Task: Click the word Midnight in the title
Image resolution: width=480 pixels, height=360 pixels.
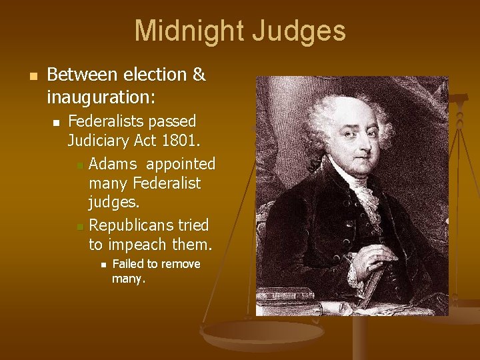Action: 189,31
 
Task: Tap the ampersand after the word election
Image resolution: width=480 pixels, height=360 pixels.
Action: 198,75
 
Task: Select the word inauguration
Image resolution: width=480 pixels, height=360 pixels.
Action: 100,97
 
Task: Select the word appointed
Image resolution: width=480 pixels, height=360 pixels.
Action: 181,163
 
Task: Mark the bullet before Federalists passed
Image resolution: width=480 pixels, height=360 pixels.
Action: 57,122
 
